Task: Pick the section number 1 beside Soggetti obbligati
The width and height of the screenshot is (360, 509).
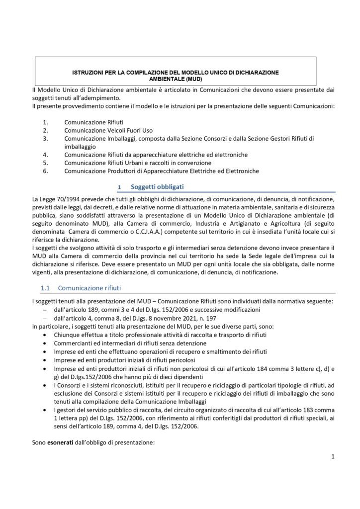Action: click(119, 187)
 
